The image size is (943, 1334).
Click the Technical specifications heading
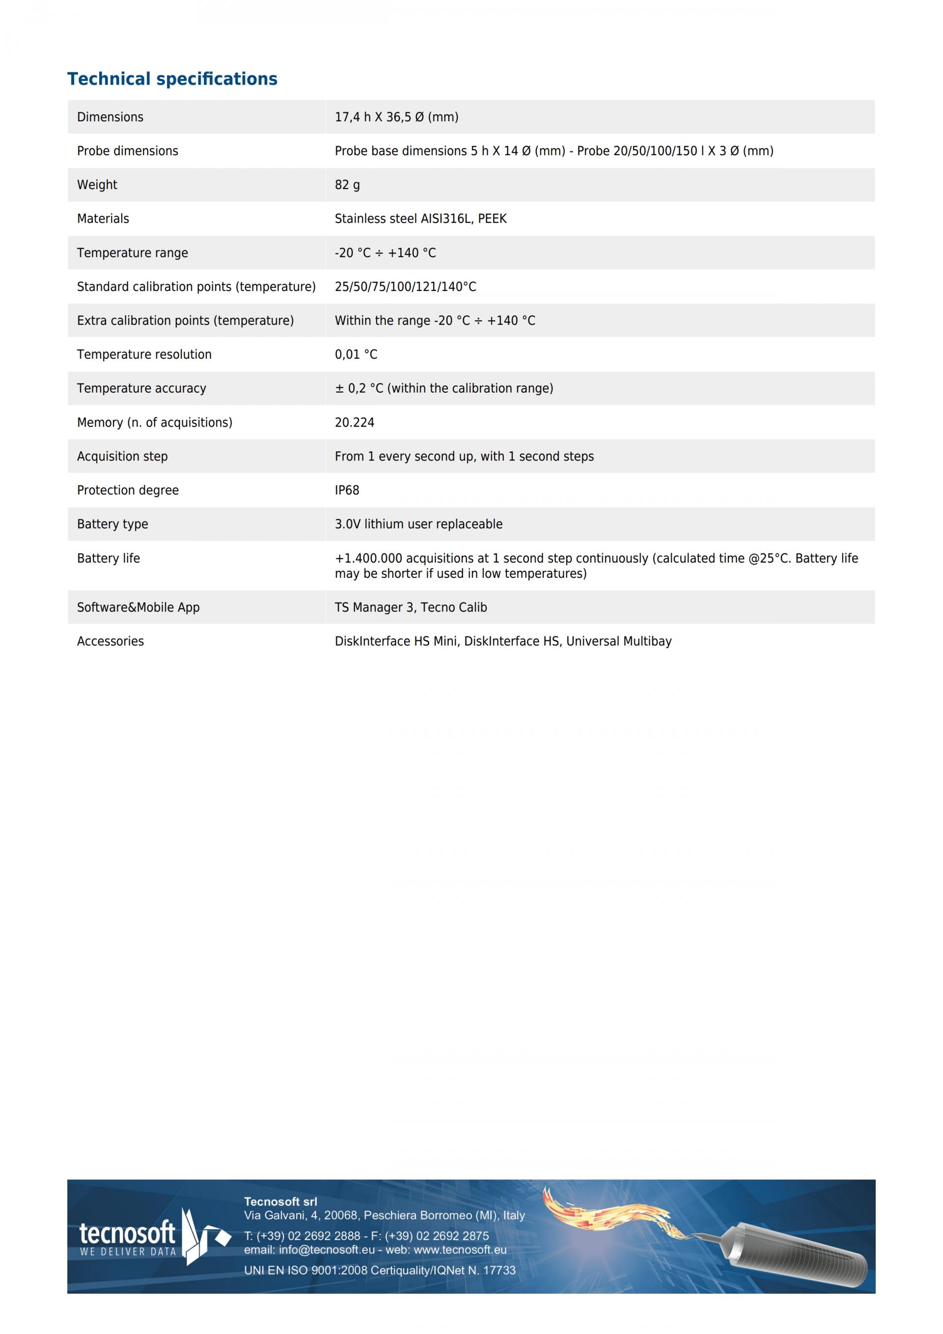[172, 79]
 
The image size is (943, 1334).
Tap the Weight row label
[97, 185]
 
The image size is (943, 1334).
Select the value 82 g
[347, 185]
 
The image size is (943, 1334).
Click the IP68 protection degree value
[347, 490]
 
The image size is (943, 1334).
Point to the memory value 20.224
[354, 423]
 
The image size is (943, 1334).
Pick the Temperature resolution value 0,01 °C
[356, 354]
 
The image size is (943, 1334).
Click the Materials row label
[103, 219]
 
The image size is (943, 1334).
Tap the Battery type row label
[112, 524]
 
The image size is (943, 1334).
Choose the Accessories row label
[111, 641]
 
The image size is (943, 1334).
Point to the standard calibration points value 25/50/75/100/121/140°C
[405, 286]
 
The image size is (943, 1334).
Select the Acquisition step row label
[122, 456]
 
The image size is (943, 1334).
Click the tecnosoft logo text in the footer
[127, 1232]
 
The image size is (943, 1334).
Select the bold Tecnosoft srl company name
[280, 1201]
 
